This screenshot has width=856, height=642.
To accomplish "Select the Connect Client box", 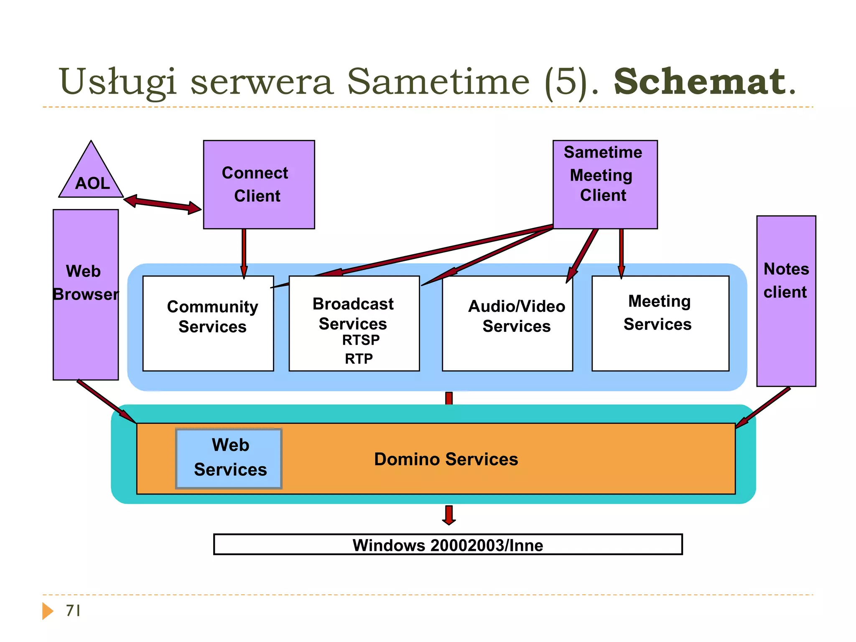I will [x=259, y=184].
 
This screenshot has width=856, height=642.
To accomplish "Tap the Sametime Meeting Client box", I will [x=605, y=184].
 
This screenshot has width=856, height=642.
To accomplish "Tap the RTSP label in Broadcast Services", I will [x=361, y=340].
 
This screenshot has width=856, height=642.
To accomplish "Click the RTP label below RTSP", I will [x=359, y=359].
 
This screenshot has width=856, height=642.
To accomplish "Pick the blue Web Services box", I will [x=229, y=458].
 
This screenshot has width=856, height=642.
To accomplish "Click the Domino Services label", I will [x=446, y=459].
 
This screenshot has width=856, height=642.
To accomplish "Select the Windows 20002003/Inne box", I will [x=448, y=545].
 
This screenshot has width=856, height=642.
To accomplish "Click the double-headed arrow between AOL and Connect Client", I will [x=163, y=204].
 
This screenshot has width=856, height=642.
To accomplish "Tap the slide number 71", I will [x=73, y=611].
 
